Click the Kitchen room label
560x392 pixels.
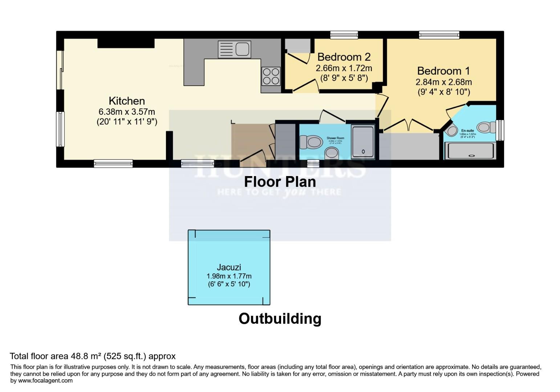[x=127, y=101]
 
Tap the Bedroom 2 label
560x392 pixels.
[x=344, y=57]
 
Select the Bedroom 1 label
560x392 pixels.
[x=443, y=70]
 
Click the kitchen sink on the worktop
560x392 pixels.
[x=234, y=49]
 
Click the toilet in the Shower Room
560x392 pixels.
[x=311, y=142]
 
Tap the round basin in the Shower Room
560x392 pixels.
[x=332, y=153]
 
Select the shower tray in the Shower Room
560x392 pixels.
[x=363, y=142]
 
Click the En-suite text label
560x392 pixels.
[x=467, y=131]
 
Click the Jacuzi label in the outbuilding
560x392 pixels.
[x=229, y=268]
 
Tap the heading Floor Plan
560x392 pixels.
[x=280, y=181]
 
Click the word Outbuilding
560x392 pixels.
[x=280, y=319]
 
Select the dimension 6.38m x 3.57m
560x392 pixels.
[x=127, y=112]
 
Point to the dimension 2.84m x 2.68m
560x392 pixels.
[x=443, y=82]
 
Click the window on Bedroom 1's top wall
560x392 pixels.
[x=439, y=35]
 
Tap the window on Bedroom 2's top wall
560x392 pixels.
[x=344, y=35]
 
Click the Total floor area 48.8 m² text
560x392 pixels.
[x=93, y=356]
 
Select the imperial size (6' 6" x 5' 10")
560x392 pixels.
[x=229, y=284]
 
